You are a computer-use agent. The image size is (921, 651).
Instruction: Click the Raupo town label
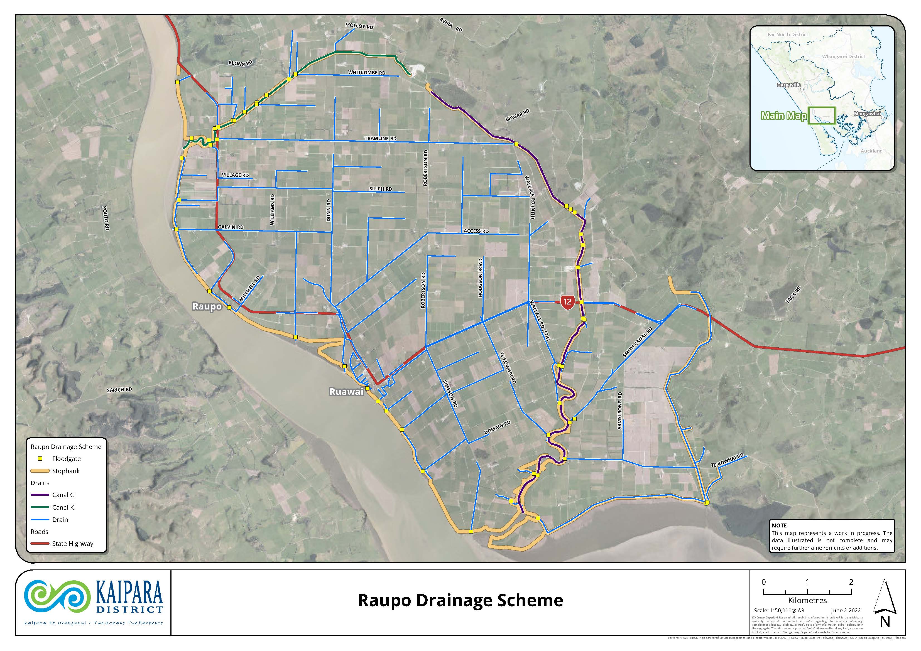click(x=207, y=306)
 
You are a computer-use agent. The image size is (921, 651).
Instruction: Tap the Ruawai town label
click(x=346, y=392)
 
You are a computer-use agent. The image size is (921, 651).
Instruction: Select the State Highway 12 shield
click(x=567, y=302)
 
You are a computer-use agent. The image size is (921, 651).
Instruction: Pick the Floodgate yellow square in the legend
click(x=40, y=458)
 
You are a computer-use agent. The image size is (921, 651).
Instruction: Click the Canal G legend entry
click(x=63, y=495)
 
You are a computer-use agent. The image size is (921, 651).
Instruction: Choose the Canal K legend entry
click(x=63, y=507)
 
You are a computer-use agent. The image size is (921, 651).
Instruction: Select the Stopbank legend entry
click(x=65, y=471)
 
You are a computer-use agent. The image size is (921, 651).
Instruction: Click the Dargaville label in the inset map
click(x=789, y=85)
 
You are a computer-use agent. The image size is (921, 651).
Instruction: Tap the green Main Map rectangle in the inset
click(x=822, y=116)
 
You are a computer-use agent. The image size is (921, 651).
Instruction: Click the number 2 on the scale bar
click(x=851, y=582)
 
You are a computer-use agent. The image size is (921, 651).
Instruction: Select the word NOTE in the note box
click(x=779, y=525)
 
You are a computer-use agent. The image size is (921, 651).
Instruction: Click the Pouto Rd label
click(x=106, y=218)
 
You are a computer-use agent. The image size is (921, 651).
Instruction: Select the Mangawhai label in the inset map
click(x=867, y=114)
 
